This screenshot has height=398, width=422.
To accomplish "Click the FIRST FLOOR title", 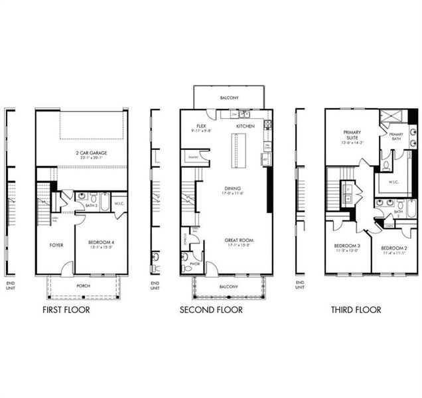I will (66, 310).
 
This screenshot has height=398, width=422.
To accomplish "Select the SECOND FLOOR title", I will (211, 310).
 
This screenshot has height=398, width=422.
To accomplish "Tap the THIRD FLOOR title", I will (356, 310).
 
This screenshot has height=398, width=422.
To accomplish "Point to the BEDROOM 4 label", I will (102, 243).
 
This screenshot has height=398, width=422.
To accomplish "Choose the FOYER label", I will (56, 245).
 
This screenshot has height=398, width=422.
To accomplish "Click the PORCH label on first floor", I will (83, 286).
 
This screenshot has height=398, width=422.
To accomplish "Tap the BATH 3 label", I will (92, 206).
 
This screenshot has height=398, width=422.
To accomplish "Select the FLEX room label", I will (200, 126).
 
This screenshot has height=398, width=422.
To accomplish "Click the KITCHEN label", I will (246, 126).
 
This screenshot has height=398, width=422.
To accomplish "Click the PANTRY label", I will (194, 157).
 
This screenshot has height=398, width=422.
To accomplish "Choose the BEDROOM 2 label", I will (393, 247).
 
